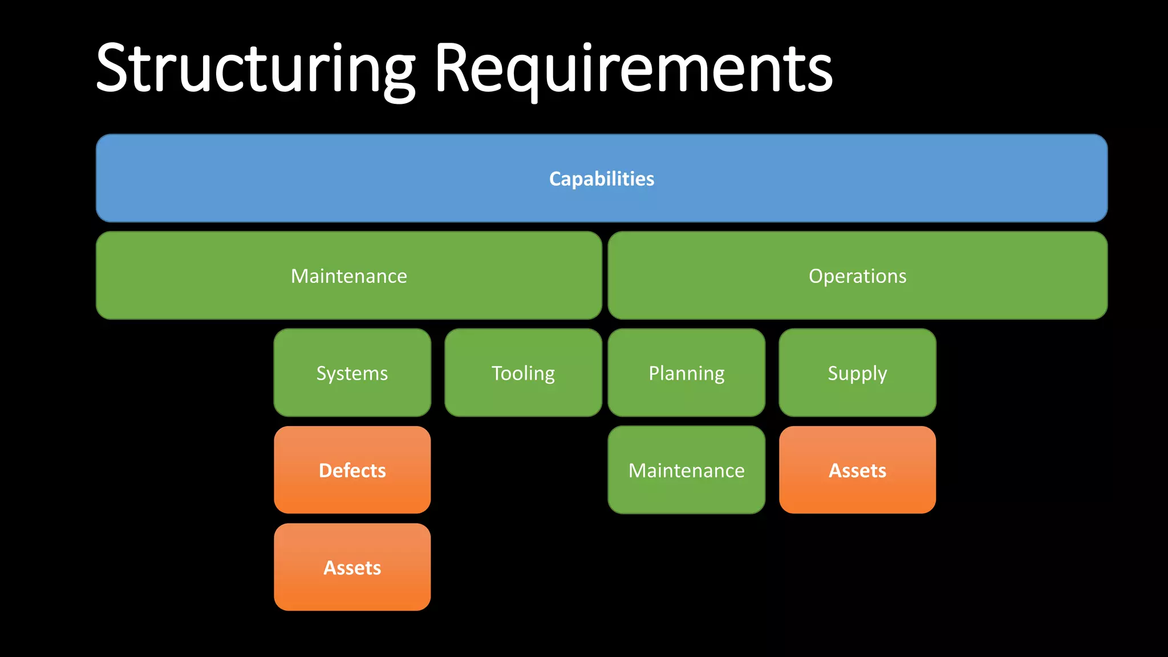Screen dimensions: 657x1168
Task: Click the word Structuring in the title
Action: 255,68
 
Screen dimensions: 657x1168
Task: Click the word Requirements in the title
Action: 633,68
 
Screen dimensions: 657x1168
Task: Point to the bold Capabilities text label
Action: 602,179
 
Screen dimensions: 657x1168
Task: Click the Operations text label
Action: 857,276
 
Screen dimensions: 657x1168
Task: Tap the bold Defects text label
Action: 352,471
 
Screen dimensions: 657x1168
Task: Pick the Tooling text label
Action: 523,374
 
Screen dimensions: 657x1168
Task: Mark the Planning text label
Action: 687,374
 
